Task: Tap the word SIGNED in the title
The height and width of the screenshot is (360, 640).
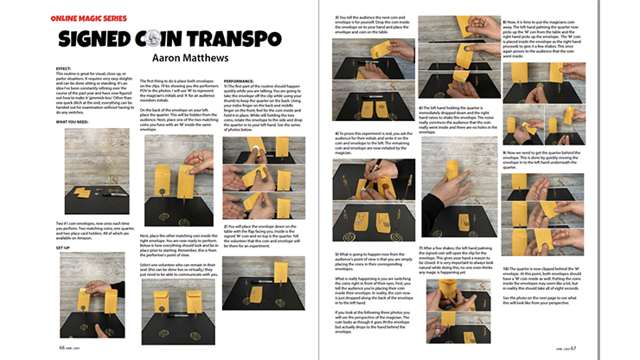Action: pyautogui.click(x=97, y=42)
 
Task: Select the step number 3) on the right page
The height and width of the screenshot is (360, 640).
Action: pyautogui.click(x=336, y=18)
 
